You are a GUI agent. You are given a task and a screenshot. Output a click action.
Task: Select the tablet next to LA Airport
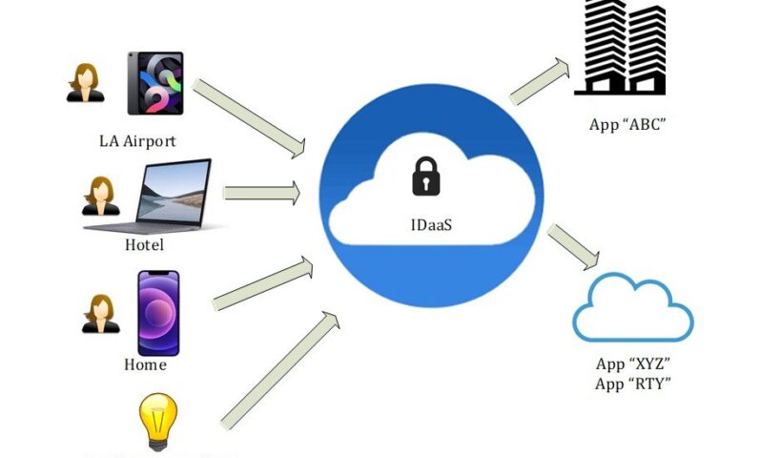click(154, 83)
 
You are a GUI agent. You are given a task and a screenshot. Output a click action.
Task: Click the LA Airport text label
click(138, 141)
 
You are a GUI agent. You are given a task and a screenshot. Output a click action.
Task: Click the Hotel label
click(145, 245)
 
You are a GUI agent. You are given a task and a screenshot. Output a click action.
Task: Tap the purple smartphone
click(157, 312)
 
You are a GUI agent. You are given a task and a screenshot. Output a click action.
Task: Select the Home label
click(145, 364)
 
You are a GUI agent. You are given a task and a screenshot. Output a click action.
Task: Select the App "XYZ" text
click(634, 364)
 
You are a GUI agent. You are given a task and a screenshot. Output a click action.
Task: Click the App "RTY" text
click(634, 384)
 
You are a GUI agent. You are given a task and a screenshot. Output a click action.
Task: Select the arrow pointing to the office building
click(540, 80)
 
